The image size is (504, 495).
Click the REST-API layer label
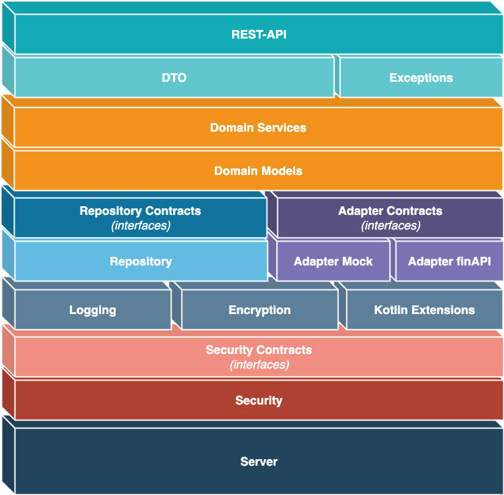(259, 34)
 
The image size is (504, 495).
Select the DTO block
(174, 78)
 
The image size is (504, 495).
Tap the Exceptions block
(421, 78)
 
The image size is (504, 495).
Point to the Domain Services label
(258, 128)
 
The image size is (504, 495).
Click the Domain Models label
(258, 171)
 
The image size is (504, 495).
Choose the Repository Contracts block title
(140, 211)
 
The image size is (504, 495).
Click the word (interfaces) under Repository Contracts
(140, 226)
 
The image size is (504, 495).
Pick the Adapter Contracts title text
(390, 211)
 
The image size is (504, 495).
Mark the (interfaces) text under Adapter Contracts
(390, 226)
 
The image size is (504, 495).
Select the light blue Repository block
(140, 261)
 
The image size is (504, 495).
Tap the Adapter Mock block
(333, 261)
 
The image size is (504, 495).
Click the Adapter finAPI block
(449, 261)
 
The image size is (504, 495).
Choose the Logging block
(92, 310)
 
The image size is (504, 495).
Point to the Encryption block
(259, 310)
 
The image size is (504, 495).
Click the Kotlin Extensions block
(424, 310)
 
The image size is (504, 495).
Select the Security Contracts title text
(259, 350)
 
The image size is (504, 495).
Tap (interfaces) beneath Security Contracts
(259, 365)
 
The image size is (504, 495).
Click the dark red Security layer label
(259, 401)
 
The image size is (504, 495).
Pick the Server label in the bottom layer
(259, 462)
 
